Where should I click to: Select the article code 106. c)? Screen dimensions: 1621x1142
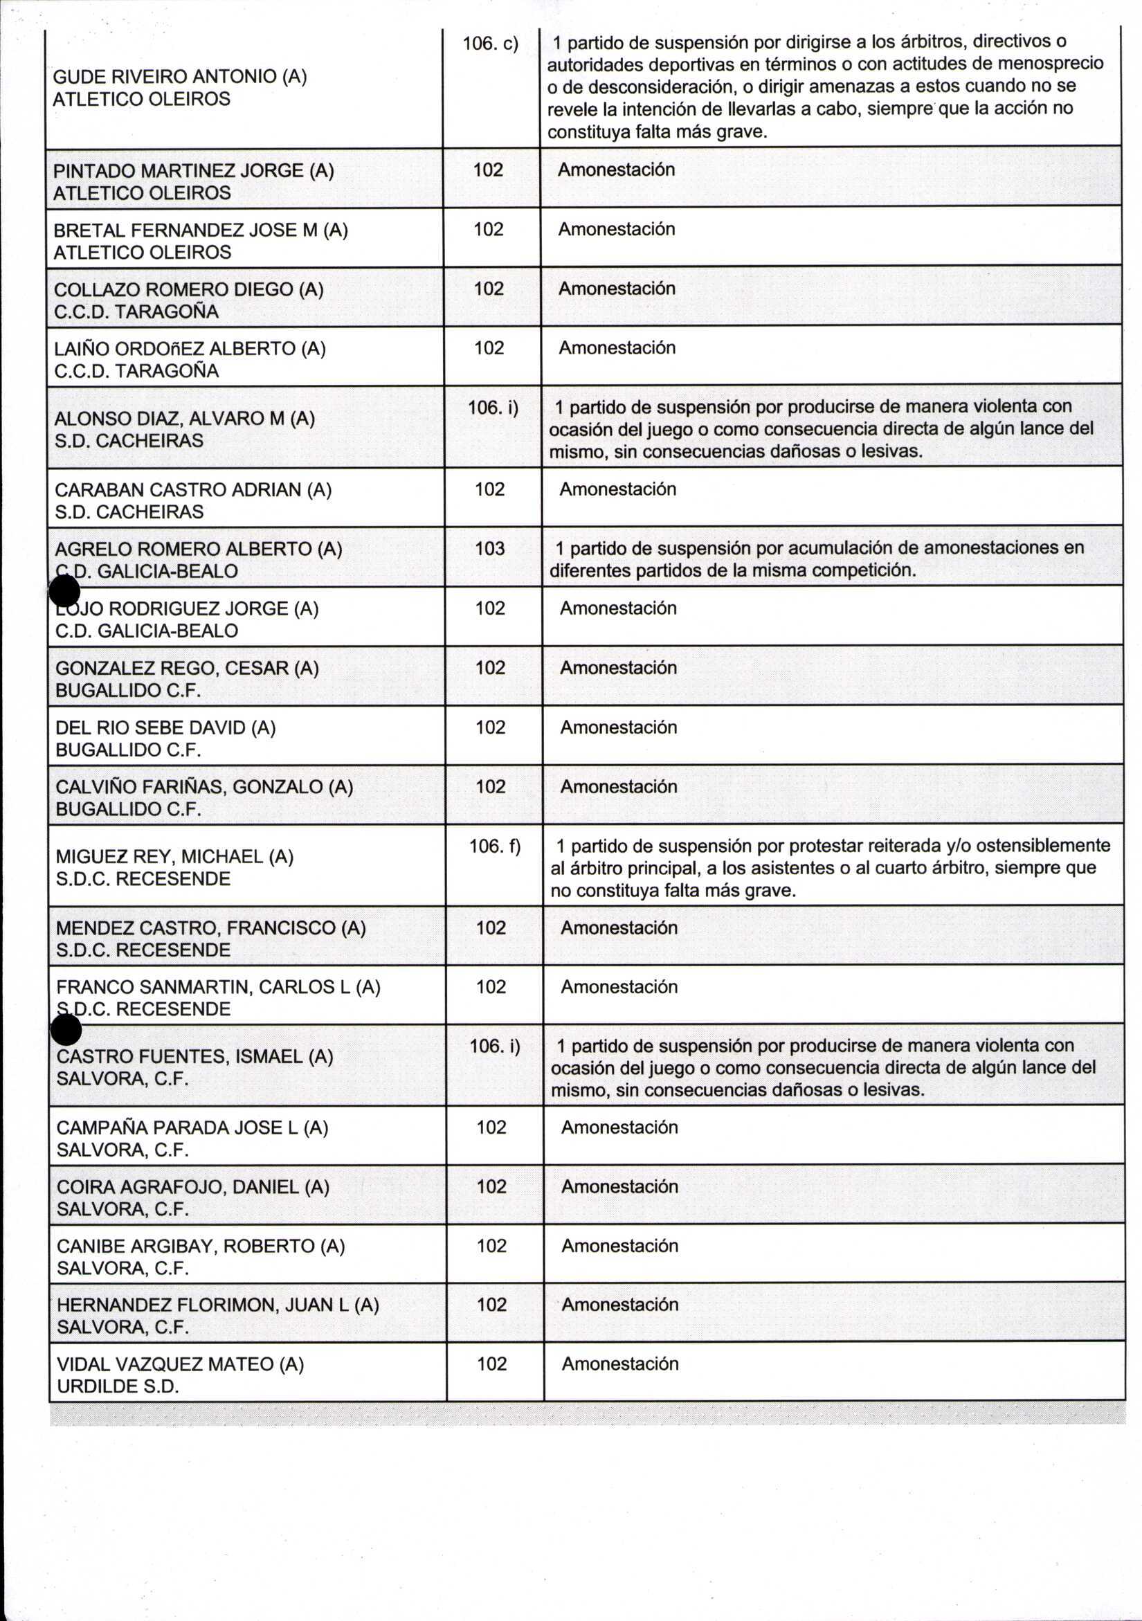490,44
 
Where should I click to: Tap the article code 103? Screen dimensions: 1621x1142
489,549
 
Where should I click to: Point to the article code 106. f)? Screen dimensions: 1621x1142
494,845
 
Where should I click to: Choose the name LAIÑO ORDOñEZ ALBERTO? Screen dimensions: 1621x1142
189,349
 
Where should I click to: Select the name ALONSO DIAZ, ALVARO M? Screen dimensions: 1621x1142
184,419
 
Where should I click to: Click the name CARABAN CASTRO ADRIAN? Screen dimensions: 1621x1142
192,490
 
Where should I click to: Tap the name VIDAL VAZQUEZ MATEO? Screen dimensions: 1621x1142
180,1364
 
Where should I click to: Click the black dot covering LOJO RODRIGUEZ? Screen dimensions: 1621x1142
65,591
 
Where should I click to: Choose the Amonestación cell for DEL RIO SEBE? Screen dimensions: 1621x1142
618,727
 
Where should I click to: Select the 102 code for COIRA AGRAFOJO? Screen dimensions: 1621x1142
491,1187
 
